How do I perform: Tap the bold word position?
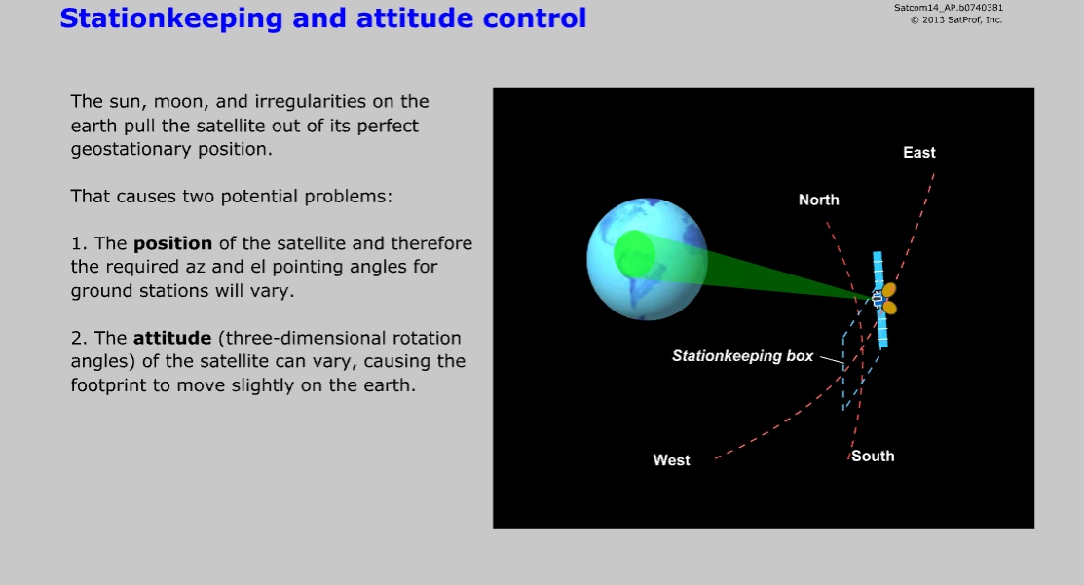pyautogui.click(x=172, y=243)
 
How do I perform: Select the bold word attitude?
pyautogui.click(x=172, y=338)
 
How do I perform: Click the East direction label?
pyautogui.click(x=918, y=153)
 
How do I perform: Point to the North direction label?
pyautogui.click(x=818, y=200)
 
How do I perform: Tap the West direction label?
pyautogui.click(x=671, y=460)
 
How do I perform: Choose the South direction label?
pyautogui.click(x=873, y=456)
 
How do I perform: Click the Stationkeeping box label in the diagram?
pyautogui.click(x=742, y=356)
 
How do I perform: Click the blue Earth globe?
pyautogui.click(x=647, y=259)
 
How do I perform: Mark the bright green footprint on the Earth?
pyautogui.click(x=635, y=253)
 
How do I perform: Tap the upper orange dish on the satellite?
pyautogui.click(x=889, y=290)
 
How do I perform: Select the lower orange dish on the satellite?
pyautogui.click(x=890, y=308)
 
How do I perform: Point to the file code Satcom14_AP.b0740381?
pyautogui.click(x=949, y=8)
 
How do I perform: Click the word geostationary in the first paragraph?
pyautogui.click(x=132, y=150)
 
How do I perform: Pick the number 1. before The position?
pyautogui.click(x=79, y=243)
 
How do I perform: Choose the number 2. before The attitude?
pyautogui.click(x=79, y=338)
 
